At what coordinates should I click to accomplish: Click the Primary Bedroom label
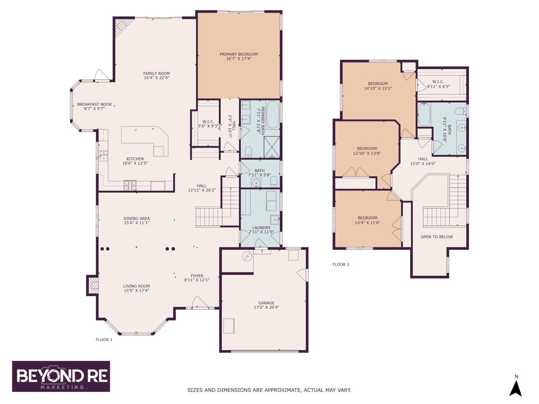click(239, 54)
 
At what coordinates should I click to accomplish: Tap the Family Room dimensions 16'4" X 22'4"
click(157, 78)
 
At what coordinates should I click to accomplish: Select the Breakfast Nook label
click(94, 104)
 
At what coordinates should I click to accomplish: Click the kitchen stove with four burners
click(130, 185)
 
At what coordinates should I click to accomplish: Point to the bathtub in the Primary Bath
click(273, 115)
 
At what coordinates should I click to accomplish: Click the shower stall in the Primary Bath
click(272, 147)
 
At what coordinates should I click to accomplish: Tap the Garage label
click(266, 303)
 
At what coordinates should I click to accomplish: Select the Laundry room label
click(261, 228)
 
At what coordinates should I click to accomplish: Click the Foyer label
click(197, 276)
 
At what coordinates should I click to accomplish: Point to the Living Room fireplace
click(93, 285)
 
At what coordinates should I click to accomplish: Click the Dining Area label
click(137, 218)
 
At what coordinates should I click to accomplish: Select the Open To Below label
click(437, 237)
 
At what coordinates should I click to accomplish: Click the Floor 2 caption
click(340, 264)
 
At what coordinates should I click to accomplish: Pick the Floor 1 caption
click(104, 340)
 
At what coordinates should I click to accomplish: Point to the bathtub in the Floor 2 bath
click(424, 114)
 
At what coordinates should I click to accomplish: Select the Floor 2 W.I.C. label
click(438, 82)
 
